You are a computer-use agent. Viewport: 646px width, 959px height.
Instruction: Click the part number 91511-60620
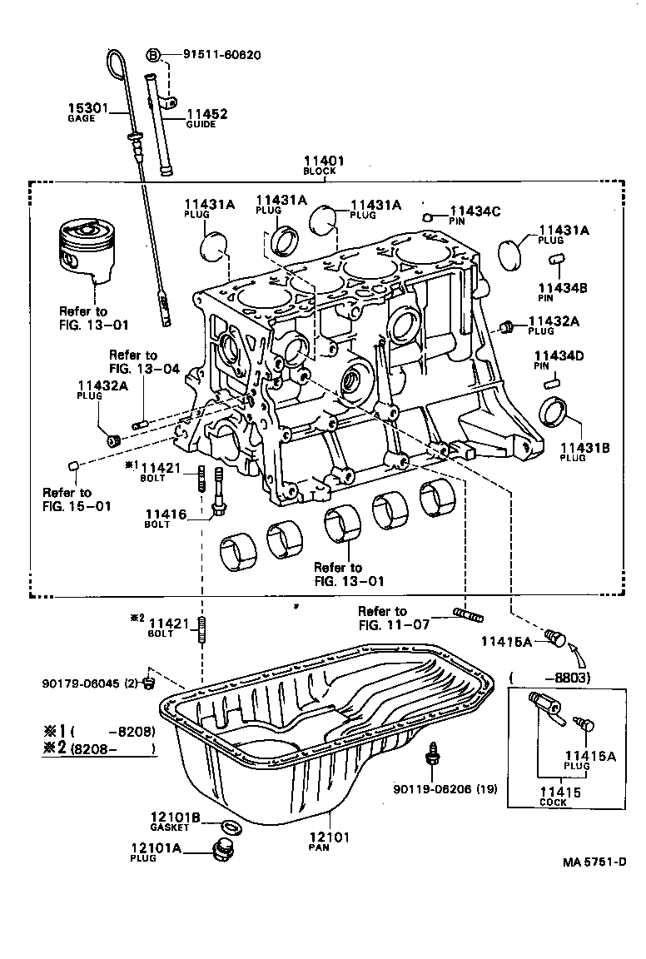(x=221, y=55)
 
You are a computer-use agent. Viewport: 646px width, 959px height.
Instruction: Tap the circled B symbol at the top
(x=153, y=55)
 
